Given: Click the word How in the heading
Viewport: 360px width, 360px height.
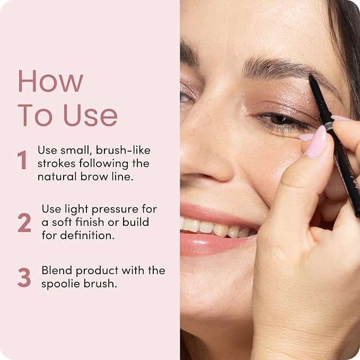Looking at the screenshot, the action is (50, 81).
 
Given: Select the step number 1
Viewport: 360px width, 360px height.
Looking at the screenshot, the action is (22, 160).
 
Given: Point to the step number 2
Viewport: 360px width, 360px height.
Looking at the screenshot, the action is (24, 223).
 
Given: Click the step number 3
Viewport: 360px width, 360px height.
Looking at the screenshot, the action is (24, 277).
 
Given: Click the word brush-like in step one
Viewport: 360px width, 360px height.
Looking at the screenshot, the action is (123, 150).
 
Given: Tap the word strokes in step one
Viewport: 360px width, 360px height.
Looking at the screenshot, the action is (57, 163).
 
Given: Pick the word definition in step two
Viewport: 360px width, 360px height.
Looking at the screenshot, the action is (87, 235).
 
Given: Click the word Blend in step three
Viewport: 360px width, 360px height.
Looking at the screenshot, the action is (57, 270).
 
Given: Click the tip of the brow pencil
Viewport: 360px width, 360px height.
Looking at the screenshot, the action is (310, 75).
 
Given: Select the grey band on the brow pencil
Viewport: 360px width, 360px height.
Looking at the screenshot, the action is (329, 125).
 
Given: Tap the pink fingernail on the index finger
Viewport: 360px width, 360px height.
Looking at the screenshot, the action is (317, 142).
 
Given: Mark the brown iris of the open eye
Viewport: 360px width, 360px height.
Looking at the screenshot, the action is (279, 120).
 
